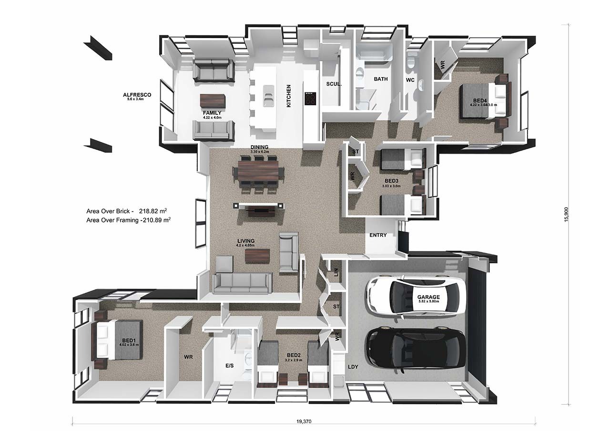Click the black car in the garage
point(415,349)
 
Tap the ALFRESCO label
point(137,95)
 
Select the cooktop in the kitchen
point(310,98)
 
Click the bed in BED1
point(119,339)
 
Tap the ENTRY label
point(378,235)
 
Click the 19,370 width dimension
point(304,421)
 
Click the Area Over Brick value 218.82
point(152,210)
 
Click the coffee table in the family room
point(212,101)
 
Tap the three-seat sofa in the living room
point(242,282)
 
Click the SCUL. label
point(334,84)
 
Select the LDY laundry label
point(353,367)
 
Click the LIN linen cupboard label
point(336,272)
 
